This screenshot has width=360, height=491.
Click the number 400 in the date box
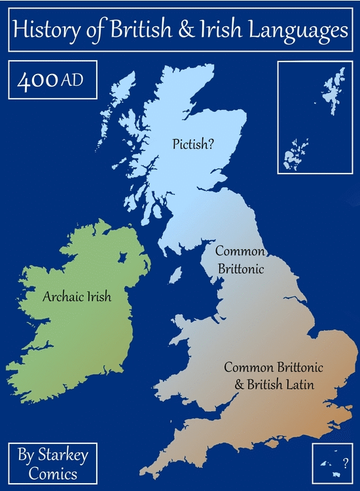point(38,82)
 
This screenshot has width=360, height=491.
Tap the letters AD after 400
point(72,83)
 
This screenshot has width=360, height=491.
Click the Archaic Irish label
point(77,297)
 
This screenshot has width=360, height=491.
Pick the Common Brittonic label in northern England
point(240,260)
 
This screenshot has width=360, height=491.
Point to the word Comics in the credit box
point(54,473)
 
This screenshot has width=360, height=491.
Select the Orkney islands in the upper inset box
point(296,155)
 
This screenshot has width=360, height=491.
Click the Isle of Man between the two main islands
point(175,274)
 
